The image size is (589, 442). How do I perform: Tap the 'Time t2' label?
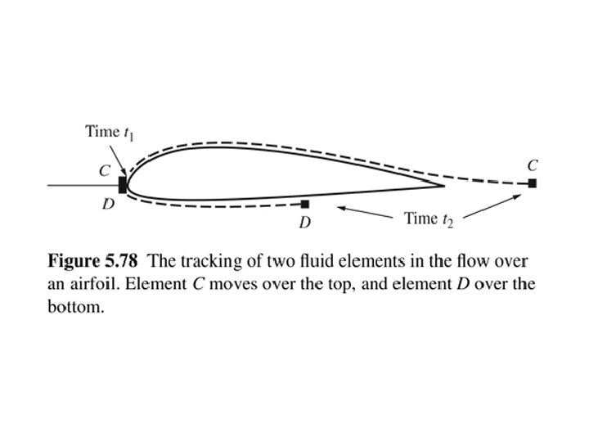[429, 219]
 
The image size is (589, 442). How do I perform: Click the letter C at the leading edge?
[104, 172]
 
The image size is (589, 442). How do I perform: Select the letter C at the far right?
[533, 165]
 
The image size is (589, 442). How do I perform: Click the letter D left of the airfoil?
[107, 204]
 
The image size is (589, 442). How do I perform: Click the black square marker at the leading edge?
[123, 184]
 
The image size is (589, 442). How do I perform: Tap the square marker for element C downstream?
[533, 183]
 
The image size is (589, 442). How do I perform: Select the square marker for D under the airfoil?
[305, 204]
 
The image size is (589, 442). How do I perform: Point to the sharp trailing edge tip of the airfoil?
[444, 187]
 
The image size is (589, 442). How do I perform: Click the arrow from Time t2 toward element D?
[364, 213]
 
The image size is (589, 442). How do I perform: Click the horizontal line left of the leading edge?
[82, 186]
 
